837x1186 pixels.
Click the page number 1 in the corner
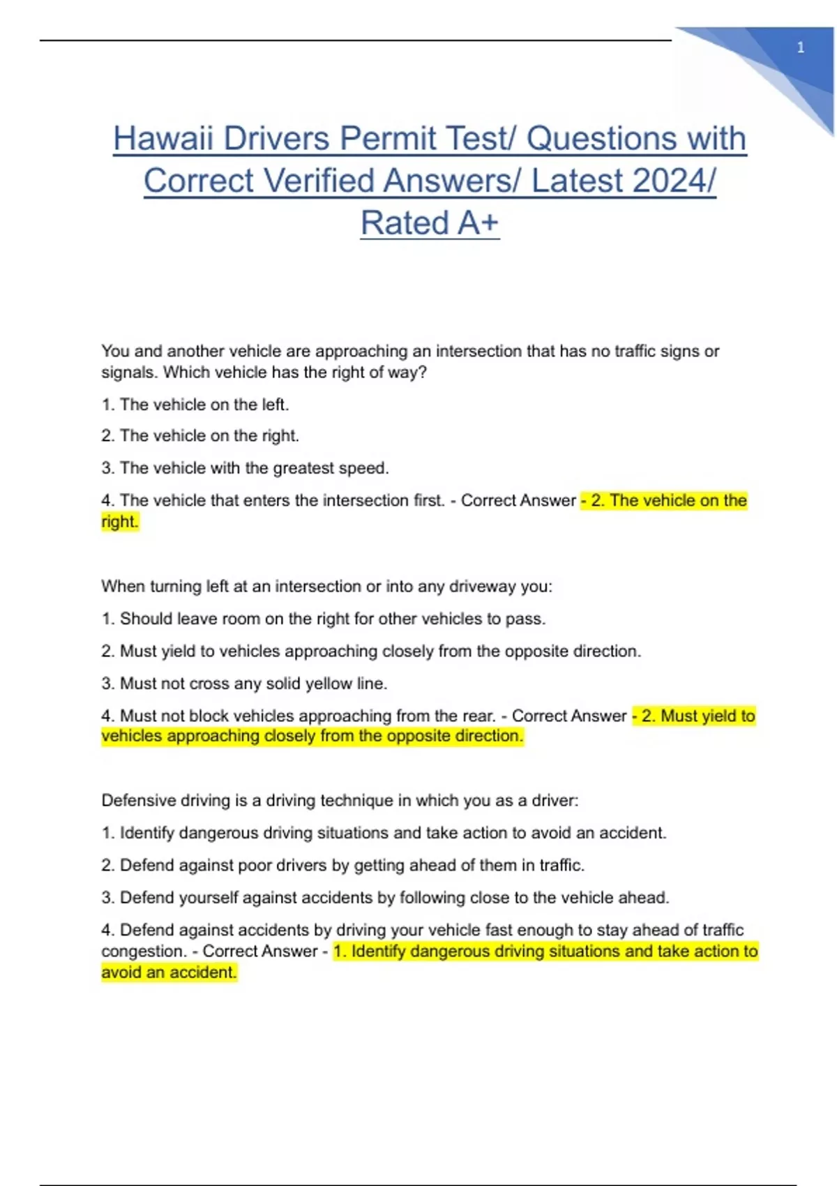[800, 47]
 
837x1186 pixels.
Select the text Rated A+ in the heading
[430, 223]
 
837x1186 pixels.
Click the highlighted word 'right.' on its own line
[120, 522]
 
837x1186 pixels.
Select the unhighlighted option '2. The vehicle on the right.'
[200, 436]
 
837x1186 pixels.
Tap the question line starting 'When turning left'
[326, 587]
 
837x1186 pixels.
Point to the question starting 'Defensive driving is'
[340, 800]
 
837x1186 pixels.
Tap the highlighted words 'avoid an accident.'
[169, 973]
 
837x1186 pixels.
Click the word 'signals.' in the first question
[129, 373]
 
